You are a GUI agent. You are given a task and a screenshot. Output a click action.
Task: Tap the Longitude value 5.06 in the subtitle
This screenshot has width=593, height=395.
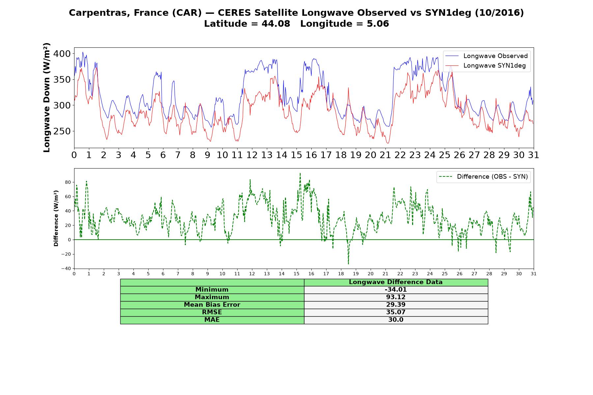[x=378, y=24]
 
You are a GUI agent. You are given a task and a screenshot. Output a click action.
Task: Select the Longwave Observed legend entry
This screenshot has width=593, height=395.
[x=487, y=56]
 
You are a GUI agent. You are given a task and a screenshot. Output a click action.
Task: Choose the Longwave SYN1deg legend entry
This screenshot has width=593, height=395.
[x=486, y=66]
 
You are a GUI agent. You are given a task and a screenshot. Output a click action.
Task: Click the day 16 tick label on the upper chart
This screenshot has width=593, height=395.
[x=311, y=155]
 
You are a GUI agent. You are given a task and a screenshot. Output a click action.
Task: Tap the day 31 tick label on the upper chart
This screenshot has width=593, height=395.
[x=533, y=155]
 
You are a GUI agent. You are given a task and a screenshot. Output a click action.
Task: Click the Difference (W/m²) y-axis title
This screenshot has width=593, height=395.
[x=56, y=218]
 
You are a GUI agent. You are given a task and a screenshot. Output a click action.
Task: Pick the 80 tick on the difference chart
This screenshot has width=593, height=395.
[x=68, y=182]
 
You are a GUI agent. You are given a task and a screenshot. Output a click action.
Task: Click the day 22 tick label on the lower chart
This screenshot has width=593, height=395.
[x=400, y=274]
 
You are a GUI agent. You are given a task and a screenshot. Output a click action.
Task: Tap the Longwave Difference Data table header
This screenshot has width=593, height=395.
[x=396, y=282]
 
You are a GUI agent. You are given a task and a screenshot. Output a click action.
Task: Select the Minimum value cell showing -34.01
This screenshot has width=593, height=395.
[x=396, y=290]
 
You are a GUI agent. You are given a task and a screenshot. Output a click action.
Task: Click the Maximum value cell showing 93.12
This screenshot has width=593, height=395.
[x=396, y=297]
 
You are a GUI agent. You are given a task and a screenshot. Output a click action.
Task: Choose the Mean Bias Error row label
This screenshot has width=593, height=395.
[x=212, y=305]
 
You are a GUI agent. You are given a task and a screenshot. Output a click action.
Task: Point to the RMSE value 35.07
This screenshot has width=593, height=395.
[x=396, y=312]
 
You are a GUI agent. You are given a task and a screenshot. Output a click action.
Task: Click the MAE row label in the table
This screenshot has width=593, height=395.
[x=212, y=320]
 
